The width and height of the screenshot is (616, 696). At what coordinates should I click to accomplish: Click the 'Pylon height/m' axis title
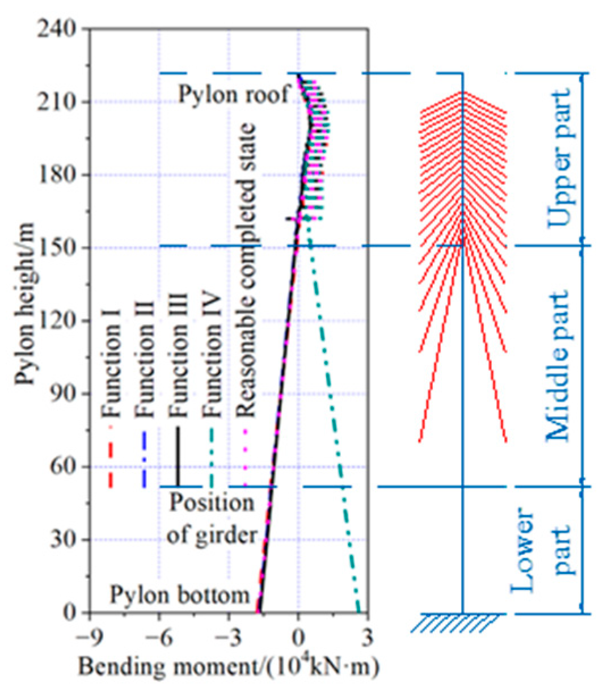tap(26, 304)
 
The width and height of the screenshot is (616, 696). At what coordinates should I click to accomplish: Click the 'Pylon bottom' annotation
tap(180, 596)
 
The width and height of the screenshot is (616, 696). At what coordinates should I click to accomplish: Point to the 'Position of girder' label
tap(212, 519)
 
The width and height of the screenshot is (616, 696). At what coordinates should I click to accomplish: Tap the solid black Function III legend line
tap(178, 457)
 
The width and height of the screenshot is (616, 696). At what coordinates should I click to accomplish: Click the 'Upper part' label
tap(559, 159)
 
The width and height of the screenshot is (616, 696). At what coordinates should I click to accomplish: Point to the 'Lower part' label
tap(542, 550)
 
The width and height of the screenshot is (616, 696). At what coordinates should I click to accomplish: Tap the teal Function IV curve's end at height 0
tap(358, 611)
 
